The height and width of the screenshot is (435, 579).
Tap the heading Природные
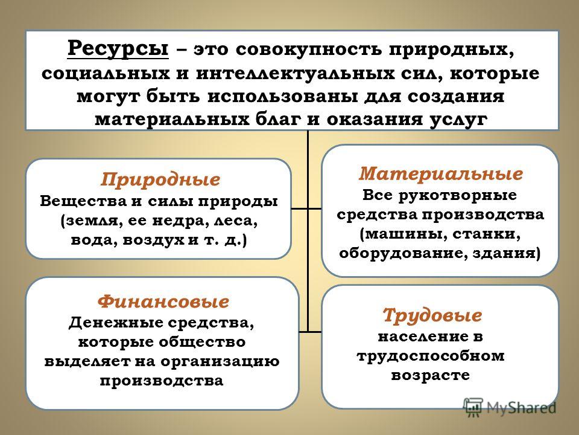tap(160, 180)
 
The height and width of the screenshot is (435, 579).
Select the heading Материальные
tap(441, 173)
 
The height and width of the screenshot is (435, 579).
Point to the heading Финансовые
tap(163, 301)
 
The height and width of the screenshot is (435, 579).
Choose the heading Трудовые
tap(432, 315)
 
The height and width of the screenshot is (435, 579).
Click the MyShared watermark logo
tap(510, 407)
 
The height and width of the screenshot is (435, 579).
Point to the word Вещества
tap(83, 201)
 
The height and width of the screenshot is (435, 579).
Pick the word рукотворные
tap(458, 196)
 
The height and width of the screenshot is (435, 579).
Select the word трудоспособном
tap(431, 356)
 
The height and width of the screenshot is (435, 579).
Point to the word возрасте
tap(431, 375)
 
